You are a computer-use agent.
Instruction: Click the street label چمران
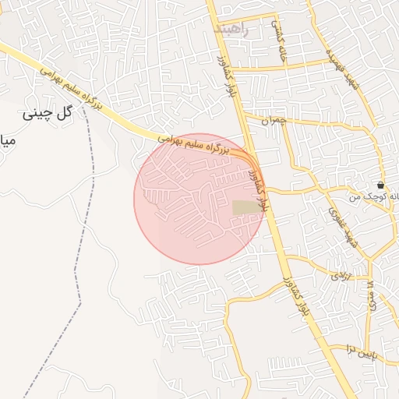tap(274, 121)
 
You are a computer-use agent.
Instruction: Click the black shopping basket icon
tap(380, 185)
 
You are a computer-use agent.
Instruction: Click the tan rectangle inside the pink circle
tap(248, 208)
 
